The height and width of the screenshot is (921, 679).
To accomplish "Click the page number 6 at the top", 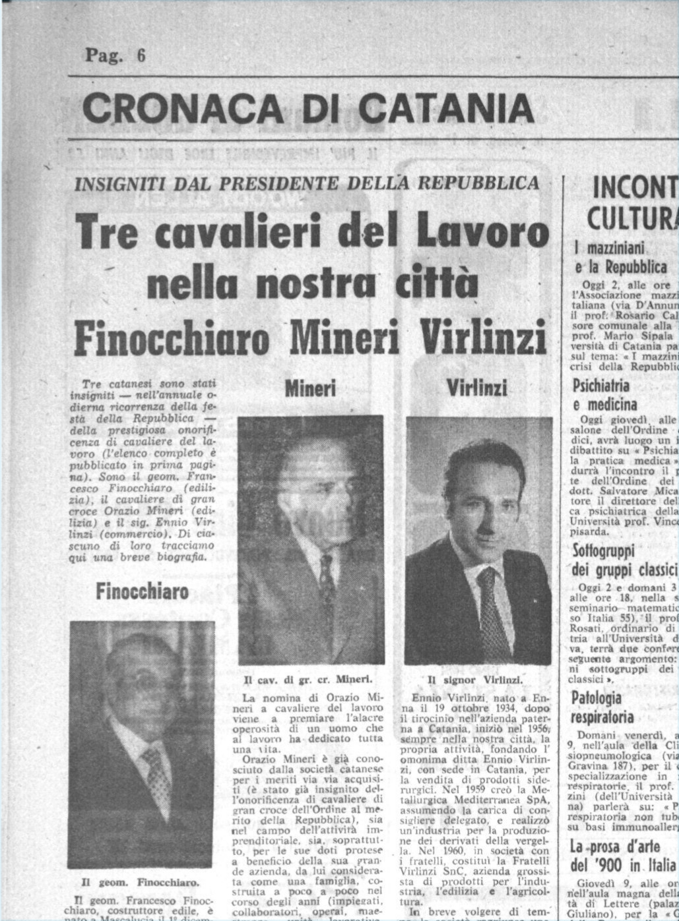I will pos(141,56).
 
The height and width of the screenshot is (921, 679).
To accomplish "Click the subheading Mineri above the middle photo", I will pos(310,388).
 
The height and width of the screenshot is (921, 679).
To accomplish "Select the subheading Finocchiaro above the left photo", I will pos(142,591).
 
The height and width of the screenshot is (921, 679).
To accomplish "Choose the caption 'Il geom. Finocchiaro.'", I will pos(140,881).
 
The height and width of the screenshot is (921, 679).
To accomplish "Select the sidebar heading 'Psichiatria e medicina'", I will pos(600,394).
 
